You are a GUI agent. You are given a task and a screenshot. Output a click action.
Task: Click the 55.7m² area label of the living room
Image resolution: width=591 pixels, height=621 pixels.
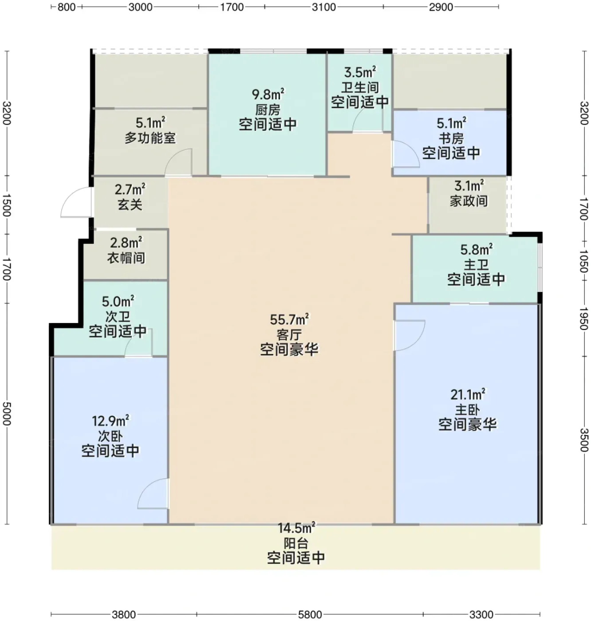[x=289, y=319]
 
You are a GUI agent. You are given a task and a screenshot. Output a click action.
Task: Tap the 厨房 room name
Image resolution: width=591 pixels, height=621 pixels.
[x=268, y=110]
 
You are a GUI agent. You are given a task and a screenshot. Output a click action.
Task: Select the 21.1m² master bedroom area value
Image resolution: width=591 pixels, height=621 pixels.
[x=468, y=394]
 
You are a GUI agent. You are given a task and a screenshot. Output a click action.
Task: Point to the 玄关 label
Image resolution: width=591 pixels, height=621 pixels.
[x=130, y=204]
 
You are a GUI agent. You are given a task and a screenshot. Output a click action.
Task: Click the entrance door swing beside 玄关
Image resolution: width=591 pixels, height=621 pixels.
[x=76, y=202]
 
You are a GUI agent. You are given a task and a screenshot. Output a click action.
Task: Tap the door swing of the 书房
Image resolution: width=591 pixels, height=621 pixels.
[x=406, y=154]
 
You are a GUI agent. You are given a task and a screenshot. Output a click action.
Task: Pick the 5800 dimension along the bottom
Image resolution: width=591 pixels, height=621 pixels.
[x=310, y=614]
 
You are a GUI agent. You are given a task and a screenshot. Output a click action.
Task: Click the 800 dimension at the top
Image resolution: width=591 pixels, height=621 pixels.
[x=67, y=7]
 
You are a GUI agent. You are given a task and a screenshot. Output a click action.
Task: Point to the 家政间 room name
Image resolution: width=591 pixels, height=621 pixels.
[x=469, y=201]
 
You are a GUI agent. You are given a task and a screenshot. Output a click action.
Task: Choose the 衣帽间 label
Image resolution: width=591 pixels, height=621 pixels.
[x=126, y=258]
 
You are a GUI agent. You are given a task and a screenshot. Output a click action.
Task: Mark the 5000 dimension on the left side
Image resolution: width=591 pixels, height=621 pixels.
[x=7, y=413]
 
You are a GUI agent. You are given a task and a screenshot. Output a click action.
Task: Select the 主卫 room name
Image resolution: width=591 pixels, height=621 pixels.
[x=476, y=265]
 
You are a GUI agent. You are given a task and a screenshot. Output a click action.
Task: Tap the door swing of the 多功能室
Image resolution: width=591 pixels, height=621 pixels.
[x=178, y=162]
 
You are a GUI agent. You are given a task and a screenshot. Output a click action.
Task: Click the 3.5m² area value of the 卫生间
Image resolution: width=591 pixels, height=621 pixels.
[x=360, y=72]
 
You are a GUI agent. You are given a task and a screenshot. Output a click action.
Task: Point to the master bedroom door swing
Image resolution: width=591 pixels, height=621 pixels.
[x=410, y=335]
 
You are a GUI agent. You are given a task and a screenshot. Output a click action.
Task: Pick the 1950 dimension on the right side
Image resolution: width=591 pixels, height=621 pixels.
[x=584, y=318]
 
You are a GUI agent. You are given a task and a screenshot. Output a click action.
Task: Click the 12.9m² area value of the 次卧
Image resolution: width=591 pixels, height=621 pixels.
[x=110, y=421]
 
